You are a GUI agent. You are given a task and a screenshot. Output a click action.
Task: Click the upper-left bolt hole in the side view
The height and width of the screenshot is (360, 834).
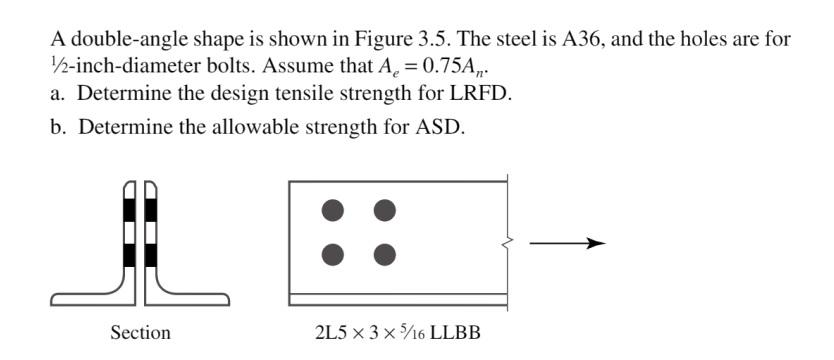tap(334, 210)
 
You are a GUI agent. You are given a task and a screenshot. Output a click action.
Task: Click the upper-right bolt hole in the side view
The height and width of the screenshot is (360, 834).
tap(384, 210)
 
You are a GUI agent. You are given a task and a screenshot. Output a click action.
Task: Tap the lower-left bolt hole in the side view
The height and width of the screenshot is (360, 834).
tap(334, 253)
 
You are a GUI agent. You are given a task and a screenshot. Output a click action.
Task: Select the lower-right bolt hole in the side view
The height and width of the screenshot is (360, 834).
tap(384, 253)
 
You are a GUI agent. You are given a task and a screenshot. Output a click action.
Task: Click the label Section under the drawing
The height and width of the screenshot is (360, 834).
tap(140, 333)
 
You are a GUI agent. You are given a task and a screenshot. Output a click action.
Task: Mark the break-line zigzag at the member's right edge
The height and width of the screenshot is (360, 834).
tap(506, 241)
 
